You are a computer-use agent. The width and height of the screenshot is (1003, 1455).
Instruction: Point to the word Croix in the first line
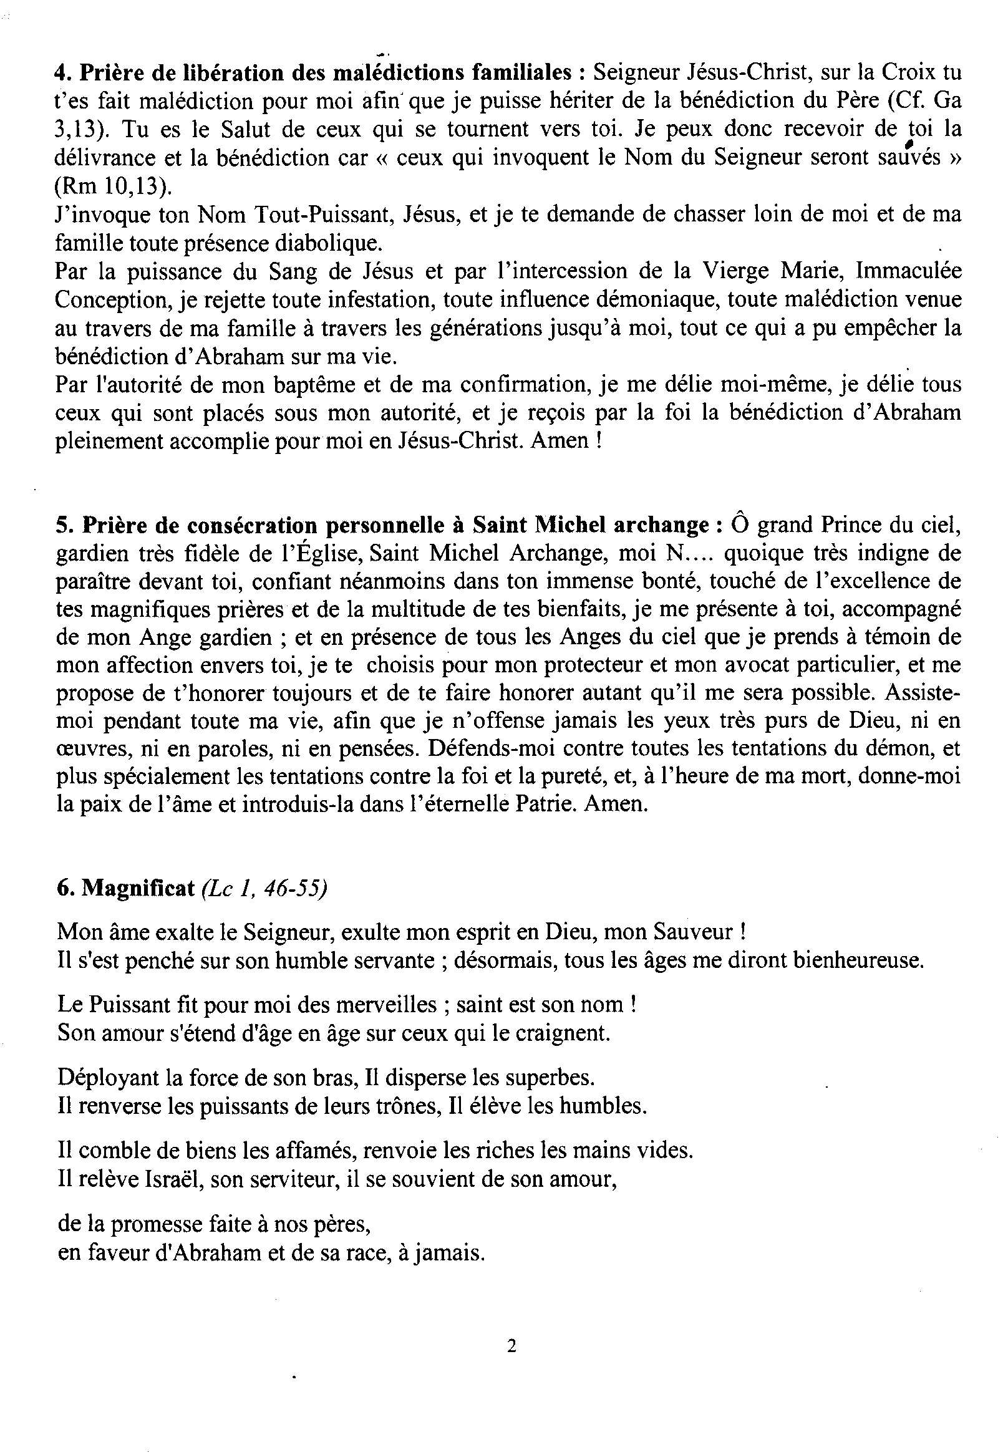click(904, 74)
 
